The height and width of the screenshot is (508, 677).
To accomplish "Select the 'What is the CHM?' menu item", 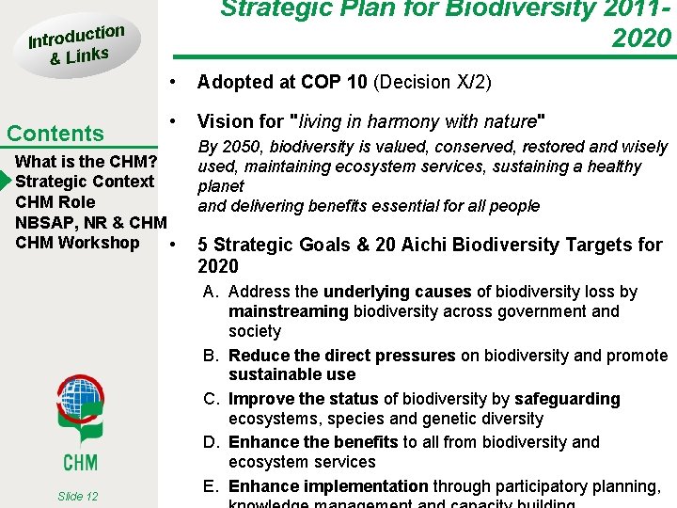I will pyautogui.click(x=86, y=160).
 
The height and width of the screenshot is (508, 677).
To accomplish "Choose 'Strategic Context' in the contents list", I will pyautogui.click(x=85, y=181).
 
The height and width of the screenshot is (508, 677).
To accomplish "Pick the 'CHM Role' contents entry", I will pyautogui.click(x=55, y=201).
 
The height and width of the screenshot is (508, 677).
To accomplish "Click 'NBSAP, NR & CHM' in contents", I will pyautogui.click(x=90, y=222).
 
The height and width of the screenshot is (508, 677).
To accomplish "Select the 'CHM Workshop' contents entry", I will pyautogui.click(x=77, y=243).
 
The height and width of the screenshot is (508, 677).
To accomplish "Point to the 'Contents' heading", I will pyautogui.click(x=55, y=134).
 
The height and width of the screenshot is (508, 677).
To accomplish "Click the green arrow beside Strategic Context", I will pyautogui.click(x=7, y=181).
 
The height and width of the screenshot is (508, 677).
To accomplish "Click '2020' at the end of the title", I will pyautogui.click(x=641, y=38).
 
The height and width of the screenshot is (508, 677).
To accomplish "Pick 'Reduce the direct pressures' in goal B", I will pyautogui.click(x=341, y=356).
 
